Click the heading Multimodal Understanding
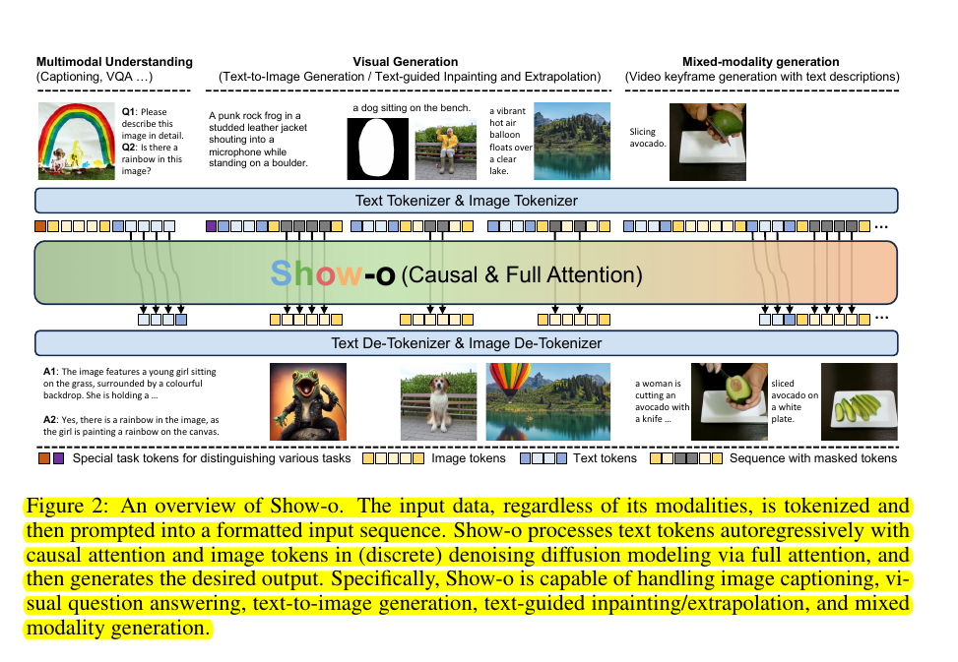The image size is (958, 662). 114,62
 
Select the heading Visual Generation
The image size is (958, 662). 405,62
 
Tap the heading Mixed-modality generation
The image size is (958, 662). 761,62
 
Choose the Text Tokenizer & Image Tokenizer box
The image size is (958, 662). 467,201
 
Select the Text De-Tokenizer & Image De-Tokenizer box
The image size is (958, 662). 467,343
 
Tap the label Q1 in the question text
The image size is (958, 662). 130,111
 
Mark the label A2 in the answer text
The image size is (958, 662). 50,418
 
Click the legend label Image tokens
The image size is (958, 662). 469,457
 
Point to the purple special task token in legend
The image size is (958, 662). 59,457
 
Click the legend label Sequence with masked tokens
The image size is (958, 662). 813,457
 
